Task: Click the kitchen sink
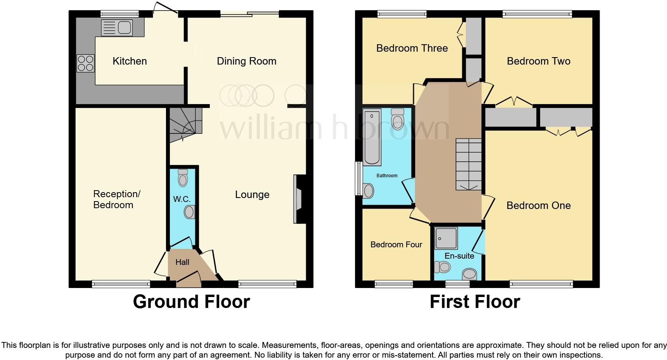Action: pos(117,27)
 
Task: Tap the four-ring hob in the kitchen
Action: pos(86,63)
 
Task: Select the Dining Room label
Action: pos(247,61)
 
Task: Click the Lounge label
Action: pos(252,194)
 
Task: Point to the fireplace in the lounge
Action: pos(299,199)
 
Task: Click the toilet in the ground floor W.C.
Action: pos(183,178)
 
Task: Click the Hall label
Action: pos(182,262)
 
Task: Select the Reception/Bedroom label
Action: pos(116,200)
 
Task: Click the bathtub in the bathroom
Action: pos(372,137)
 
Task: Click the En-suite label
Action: pos(459,256)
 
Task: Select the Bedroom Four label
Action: pos(396,245)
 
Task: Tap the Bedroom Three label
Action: pos(412,48)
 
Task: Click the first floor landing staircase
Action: pos(469,164)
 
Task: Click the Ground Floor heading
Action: pos(191,302)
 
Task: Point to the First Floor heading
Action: pos(475,302)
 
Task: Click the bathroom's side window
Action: pos(357,178)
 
